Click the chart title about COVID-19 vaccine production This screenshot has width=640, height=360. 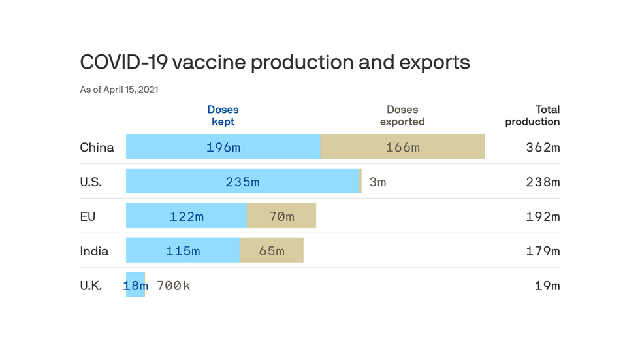click(x=274, y=62)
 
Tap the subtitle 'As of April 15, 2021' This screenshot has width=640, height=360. click(x=119, y=90)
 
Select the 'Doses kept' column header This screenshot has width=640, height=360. click(x=223, y=116)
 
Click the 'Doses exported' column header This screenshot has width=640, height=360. click(x=402, y=116)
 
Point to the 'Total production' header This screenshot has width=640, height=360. click(x=532, y=116)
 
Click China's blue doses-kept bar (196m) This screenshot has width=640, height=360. click(x=223, y=147)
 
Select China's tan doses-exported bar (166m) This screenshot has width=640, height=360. click(x=402, y=147)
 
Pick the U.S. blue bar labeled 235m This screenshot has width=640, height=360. click(x=242, y=182)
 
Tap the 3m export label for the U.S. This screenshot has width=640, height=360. click(x=377, y=182)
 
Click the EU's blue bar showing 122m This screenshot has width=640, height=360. click(x=186, y=216)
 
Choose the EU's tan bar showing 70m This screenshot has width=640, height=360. click(x=281, y=216)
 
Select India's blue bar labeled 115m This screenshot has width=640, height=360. click(x=183, y=251)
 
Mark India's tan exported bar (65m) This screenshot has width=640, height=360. click(x=272, y=251)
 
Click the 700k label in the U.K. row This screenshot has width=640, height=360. click(x=173, y=286)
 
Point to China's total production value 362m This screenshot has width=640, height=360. click(x=543, y=148)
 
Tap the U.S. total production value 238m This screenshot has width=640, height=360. click(x=543, y=182)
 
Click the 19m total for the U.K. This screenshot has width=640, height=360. click(x=547, y=286)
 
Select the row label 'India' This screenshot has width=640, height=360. click(x=94, y=251)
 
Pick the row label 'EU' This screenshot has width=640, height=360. click(x=88, y=216)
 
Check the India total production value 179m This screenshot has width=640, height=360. click(x=543, y=251)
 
